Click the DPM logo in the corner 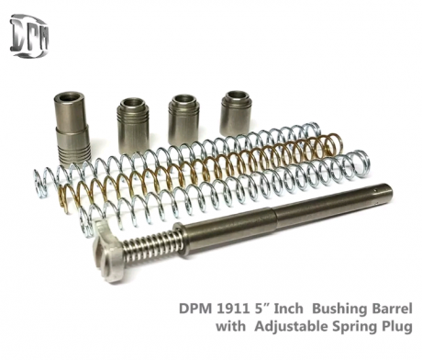(x=29, y=36)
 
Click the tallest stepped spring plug (x=72, y=131)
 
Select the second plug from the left (x=132, y=126)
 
